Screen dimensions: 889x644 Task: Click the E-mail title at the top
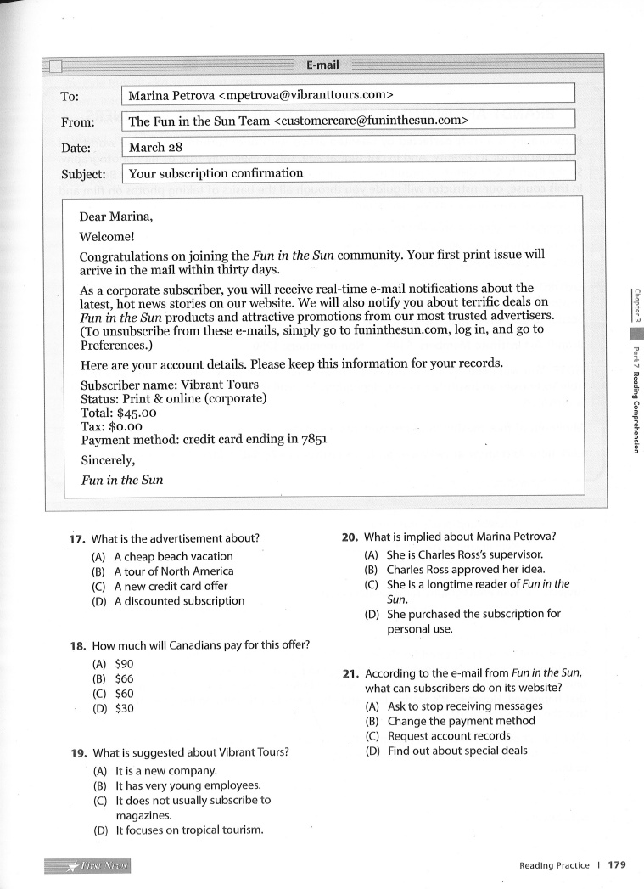(x=322, y=65)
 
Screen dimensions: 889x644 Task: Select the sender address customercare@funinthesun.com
(x=371, y=121)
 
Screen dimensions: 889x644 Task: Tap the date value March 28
(x=155, y=147)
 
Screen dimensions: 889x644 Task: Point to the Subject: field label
(x=83, y=175)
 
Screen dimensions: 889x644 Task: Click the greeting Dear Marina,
(x=115, y=217)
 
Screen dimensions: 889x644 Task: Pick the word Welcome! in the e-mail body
(x=107, y=237)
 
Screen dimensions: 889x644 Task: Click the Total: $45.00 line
(x=119, y=413)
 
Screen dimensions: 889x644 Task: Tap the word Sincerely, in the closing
(x=107, y=460)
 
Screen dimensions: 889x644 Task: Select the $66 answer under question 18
(x=124, y=679)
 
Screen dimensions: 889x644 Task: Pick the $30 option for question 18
(x=124, y=708)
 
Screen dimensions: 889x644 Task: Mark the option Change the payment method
(x=462, y=721)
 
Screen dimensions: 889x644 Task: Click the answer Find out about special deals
(x=457, y=751)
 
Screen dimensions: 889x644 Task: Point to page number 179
(x=617, y=865)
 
